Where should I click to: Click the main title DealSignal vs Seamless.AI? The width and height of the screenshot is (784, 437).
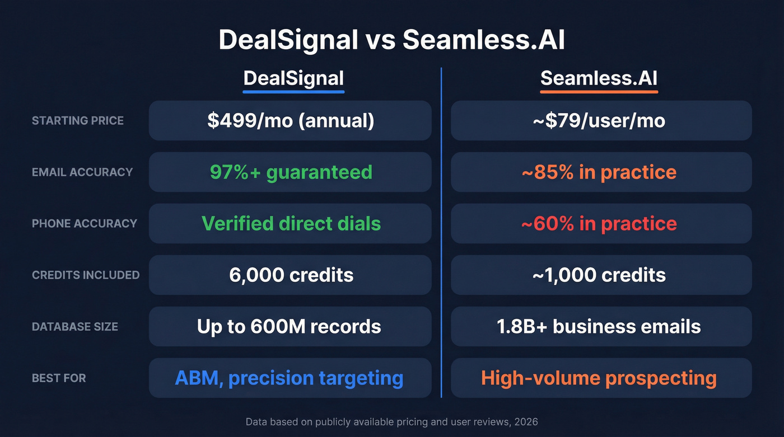[391, 40]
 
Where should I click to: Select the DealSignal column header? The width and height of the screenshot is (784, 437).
[293, 78]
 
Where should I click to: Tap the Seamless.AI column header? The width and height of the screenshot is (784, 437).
[599, 78]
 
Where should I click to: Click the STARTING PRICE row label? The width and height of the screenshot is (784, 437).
[78, 120]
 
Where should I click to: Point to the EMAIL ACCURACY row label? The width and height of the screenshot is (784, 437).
[82, 172]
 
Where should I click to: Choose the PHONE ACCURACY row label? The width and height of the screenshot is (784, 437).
[85, 223]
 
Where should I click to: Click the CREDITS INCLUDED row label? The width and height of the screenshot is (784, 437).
[86, 275]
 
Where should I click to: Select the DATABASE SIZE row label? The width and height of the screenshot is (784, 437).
[75, 326]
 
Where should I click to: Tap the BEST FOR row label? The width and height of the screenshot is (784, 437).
[59, 378]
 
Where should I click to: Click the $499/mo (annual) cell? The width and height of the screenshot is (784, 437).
[290, 120]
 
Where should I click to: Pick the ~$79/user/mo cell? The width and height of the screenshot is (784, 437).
[601, 120]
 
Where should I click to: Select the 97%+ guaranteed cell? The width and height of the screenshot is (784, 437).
[290, 172]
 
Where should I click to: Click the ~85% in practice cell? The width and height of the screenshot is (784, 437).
[601, 172]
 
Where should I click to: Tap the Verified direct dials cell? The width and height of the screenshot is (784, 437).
[290, 223]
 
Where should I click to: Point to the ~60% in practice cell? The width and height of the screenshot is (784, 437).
[601, 223]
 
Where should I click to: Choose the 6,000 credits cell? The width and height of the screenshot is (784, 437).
[290, 275]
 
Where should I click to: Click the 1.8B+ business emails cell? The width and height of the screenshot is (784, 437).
[601, 326]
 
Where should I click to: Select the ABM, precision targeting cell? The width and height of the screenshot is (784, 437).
[290, 378]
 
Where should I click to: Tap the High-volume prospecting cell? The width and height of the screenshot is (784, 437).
[601, 378]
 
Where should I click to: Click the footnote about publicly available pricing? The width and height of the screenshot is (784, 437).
[391, 421]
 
